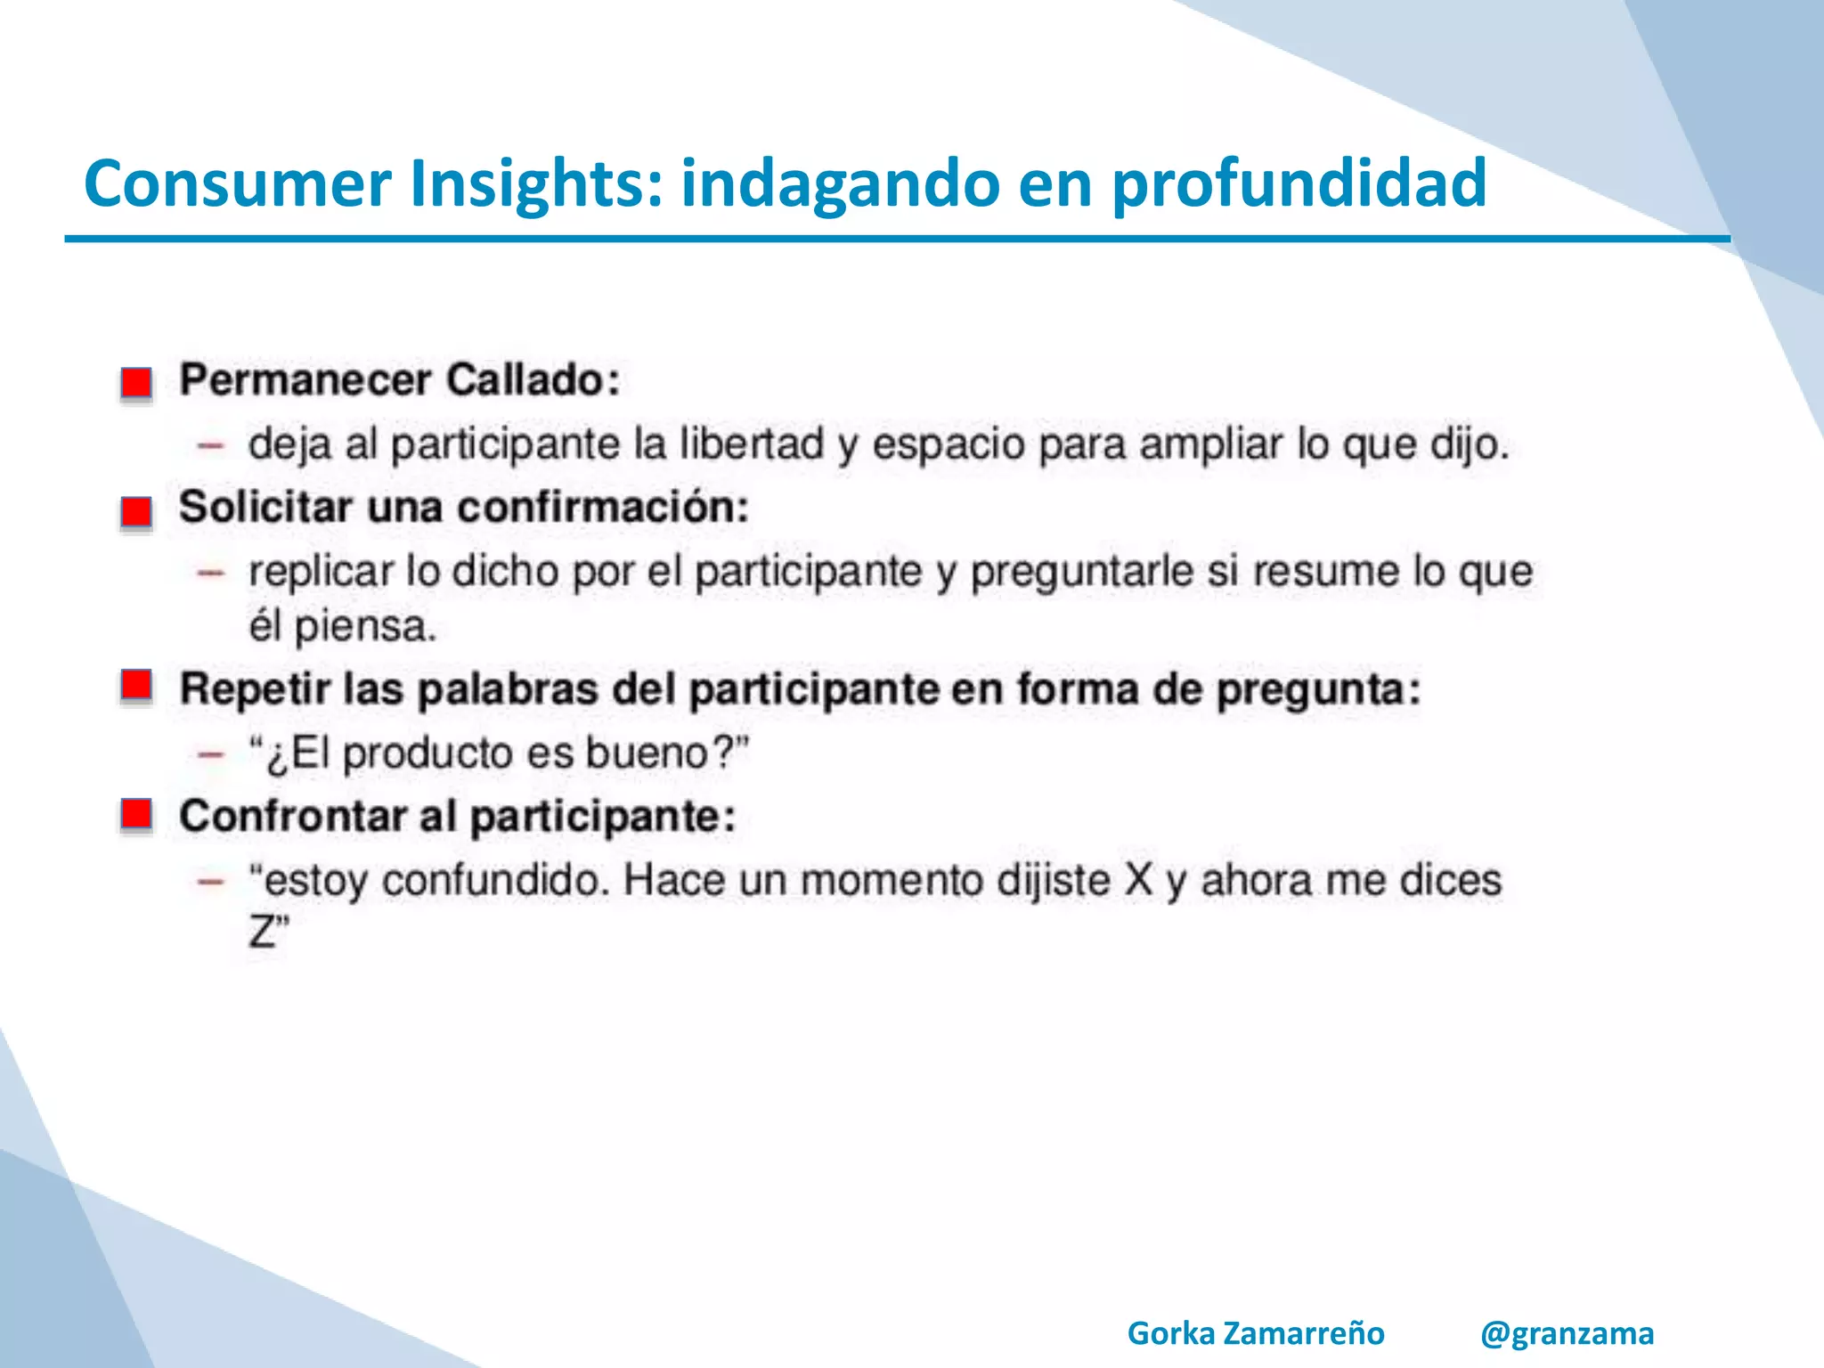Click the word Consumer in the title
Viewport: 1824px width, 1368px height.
pyautogui.click(x=237, y=183)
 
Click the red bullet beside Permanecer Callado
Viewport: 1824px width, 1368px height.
pyautogui.click(x=136, y=383)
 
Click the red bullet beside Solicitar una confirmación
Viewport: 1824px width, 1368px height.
pyautogui.click(x=136, y=512)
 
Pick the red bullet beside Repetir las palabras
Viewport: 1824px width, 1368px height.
pyautogui.click(x=136, y=686)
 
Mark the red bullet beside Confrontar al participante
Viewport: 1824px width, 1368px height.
pyautogui.click(x=136, y=814)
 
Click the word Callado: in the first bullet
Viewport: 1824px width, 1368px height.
pyautogui.click(x=533, y=380)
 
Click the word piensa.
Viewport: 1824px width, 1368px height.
pyautogui.click(x=365, y=628)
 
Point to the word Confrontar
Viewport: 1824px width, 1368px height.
pyautogui.click(x=292, y=817)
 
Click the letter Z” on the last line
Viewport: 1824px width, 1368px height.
pyautogui.click(x=268, y=933)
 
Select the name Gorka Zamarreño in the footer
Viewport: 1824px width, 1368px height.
pyautogui.click(x=1255, y=1333)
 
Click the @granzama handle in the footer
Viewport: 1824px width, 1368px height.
pyautogui.click(x=1567, y=1333)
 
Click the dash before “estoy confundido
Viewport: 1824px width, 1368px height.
pyautogui.click(x=211, y=882)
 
